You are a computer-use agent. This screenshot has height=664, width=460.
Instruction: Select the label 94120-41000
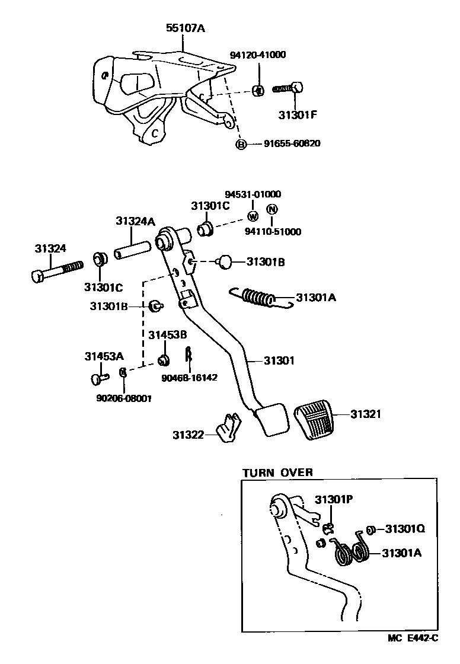click(258, 55)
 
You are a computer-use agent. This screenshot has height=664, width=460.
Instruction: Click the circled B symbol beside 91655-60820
click(241, 144)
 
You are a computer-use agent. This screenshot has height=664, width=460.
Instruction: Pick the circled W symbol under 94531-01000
click(253, 215)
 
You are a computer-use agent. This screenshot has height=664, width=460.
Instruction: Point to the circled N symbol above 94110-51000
click(271, 209)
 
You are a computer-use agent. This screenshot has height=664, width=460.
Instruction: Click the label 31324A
click(135, 221)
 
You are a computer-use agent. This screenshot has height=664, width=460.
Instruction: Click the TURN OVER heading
click(277, 473)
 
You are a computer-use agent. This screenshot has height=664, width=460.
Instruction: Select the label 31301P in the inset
click(334, 499)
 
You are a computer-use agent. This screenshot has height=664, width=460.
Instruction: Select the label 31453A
click(104, 356)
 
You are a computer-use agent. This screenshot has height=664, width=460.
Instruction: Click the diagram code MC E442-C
click(413, 655)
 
